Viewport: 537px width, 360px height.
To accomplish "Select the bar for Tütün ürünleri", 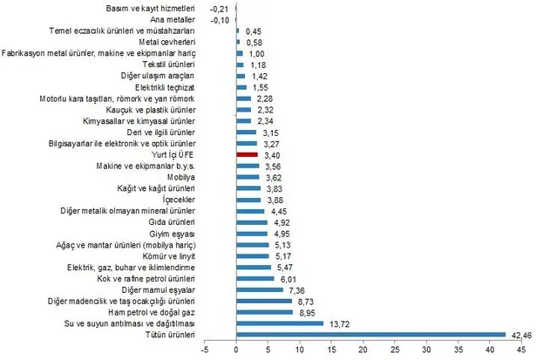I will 370,334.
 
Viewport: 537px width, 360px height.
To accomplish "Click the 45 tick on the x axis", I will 521,351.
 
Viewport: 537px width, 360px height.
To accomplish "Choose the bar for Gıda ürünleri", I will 252,221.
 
